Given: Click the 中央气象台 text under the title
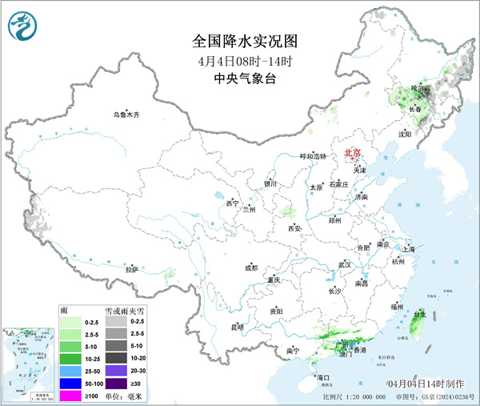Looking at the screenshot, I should (239, 78).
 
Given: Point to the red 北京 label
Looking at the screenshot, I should (352, 152).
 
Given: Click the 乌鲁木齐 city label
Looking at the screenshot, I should (126, 115).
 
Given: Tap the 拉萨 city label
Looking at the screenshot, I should (131, 270).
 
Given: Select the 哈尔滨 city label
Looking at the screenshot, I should (421, 89).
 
